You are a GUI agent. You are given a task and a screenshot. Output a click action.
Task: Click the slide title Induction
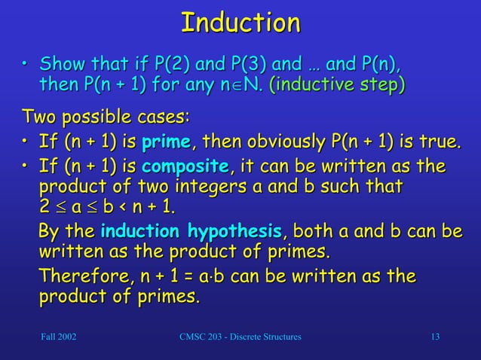240,22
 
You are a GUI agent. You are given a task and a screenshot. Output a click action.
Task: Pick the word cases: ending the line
166,118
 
